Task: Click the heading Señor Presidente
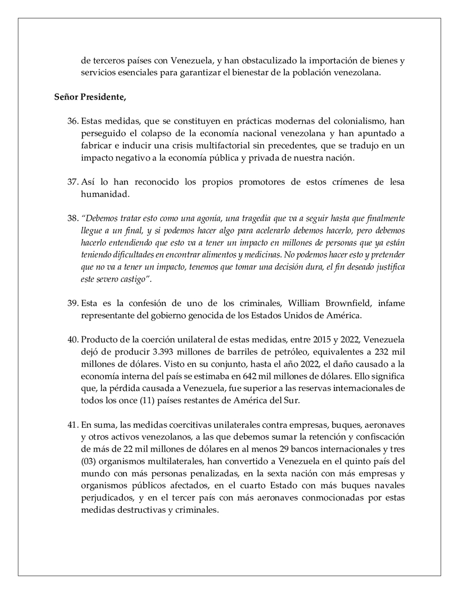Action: tap(90, 97)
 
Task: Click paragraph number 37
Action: tap(73, 182)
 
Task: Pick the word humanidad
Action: tap(103, 194)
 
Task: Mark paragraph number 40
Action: tap(73, 340)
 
